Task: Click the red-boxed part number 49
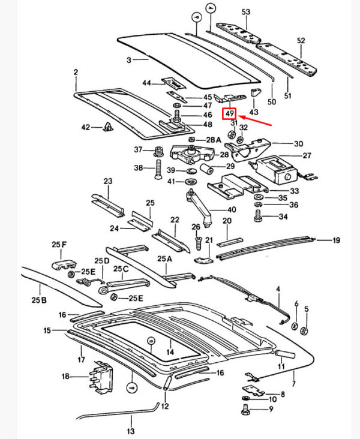tap(229, 114)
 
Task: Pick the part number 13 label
tap(131, 431)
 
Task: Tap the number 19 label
tap(336, 240)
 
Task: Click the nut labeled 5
tap(304, 329)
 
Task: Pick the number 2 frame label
tap(76, 73)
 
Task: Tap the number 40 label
tap(232, 209)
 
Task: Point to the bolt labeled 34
tap(259, 217)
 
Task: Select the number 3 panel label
tap(128, 60)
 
